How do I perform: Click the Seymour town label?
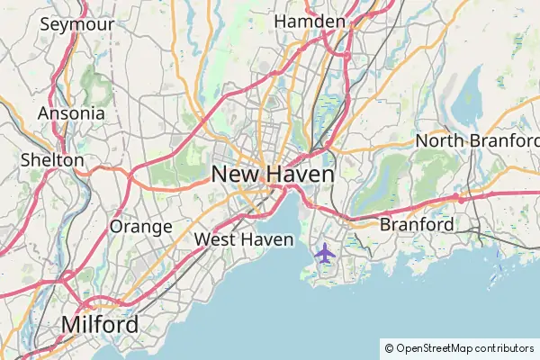tap(76, 24)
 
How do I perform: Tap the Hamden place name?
tap(310, 21)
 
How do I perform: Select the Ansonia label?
tap(71, 114)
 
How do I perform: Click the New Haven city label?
tap(273, 174)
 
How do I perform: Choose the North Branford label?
tap(477, 140)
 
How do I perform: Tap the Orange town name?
tap(140, 226)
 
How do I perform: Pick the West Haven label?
tap(244, 239)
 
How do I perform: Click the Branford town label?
tap(417, 224)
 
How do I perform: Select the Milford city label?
tap(100, 324)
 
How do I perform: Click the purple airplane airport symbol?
tap(325, 254)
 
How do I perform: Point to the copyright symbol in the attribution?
tap(389, 347)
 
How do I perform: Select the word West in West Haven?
tap(214, 239)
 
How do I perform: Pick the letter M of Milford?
tap(70, 324)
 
